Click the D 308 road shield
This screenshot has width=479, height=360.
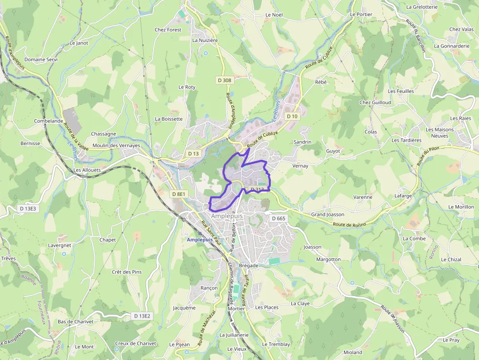224,80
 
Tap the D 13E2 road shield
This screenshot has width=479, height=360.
142,316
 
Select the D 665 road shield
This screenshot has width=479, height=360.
278,218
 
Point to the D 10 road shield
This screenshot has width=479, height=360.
292,116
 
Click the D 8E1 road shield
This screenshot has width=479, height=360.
179,194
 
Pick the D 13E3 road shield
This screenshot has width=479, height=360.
28,209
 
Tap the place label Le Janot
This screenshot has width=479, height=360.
79,43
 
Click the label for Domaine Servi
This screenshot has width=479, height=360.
41,60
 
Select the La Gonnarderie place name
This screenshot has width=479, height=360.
451,46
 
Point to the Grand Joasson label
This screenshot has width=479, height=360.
327,214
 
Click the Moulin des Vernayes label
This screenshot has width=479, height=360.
116,146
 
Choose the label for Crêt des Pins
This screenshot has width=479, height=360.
127,272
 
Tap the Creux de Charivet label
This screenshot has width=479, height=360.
135,343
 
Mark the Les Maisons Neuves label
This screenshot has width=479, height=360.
439,133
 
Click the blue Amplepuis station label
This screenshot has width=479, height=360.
199,240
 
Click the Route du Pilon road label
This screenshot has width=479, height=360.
428,156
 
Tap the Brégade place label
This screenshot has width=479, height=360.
249,265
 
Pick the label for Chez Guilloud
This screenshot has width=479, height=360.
375,103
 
